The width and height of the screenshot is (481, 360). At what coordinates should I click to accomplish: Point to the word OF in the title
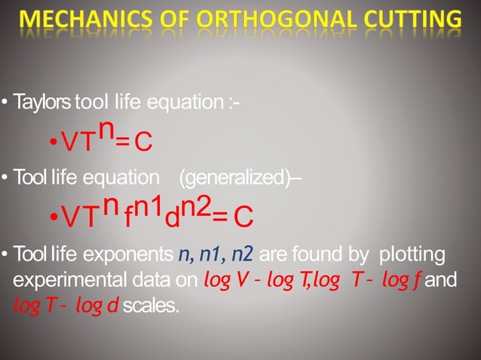point(179,20)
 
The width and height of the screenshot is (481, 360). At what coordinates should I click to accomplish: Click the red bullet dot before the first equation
point(53,143)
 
